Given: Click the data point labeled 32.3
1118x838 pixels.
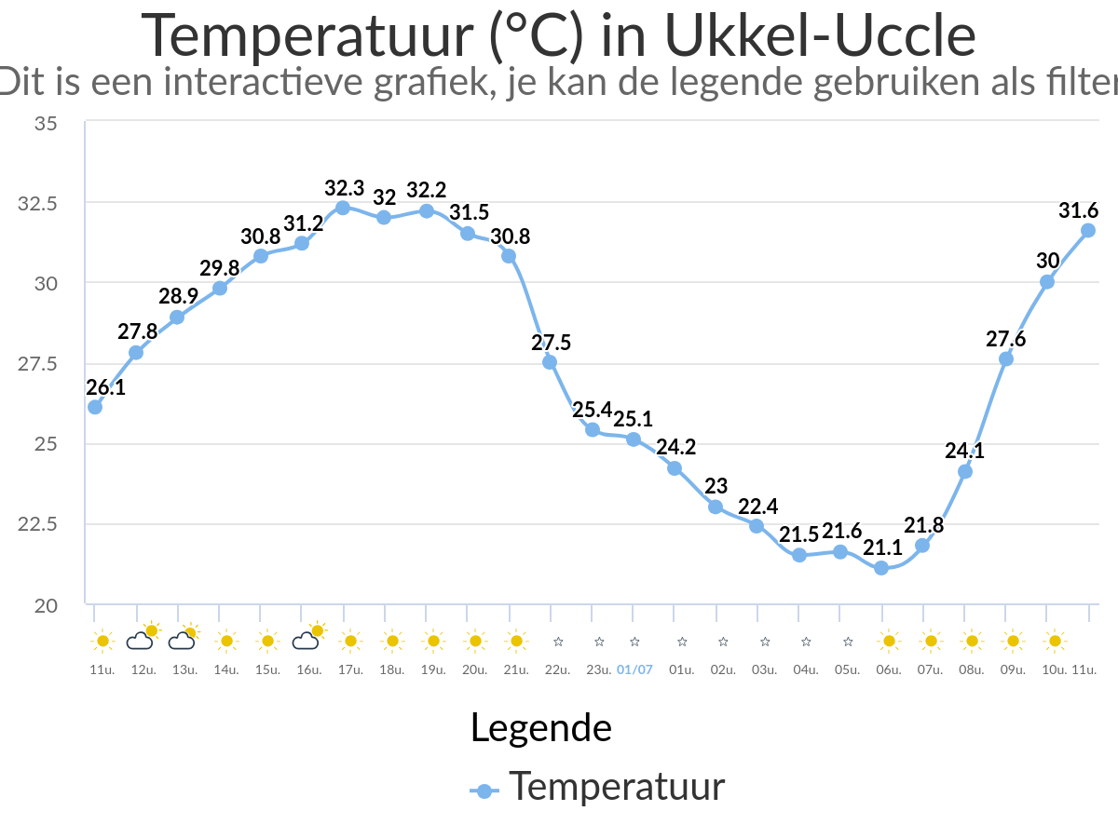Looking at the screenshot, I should pos(343,208).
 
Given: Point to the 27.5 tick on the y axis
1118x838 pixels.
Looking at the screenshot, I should pos(38,363).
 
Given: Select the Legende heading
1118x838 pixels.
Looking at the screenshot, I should pos(540,727).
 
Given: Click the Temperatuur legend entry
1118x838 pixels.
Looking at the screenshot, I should pos(615,788).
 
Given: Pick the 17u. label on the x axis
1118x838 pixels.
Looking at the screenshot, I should pos(350,669).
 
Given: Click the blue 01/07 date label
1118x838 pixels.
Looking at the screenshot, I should pos(634,669).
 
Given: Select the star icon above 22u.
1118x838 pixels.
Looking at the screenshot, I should pos(558,642).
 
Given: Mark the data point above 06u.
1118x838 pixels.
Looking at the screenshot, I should pos(881,568).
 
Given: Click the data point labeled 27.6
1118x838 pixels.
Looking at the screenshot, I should pos(1006,358).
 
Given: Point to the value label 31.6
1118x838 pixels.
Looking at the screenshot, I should pos(1077,211).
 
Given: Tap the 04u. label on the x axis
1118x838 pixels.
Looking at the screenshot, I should pos(806,669).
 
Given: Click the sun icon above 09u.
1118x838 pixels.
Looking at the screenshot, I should pos(1014,641).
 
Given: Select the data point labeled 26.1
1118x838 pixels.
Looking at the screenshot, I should pos(95,407).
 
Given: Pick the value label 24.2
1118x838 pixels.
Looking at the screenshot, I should pos(675,448).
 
